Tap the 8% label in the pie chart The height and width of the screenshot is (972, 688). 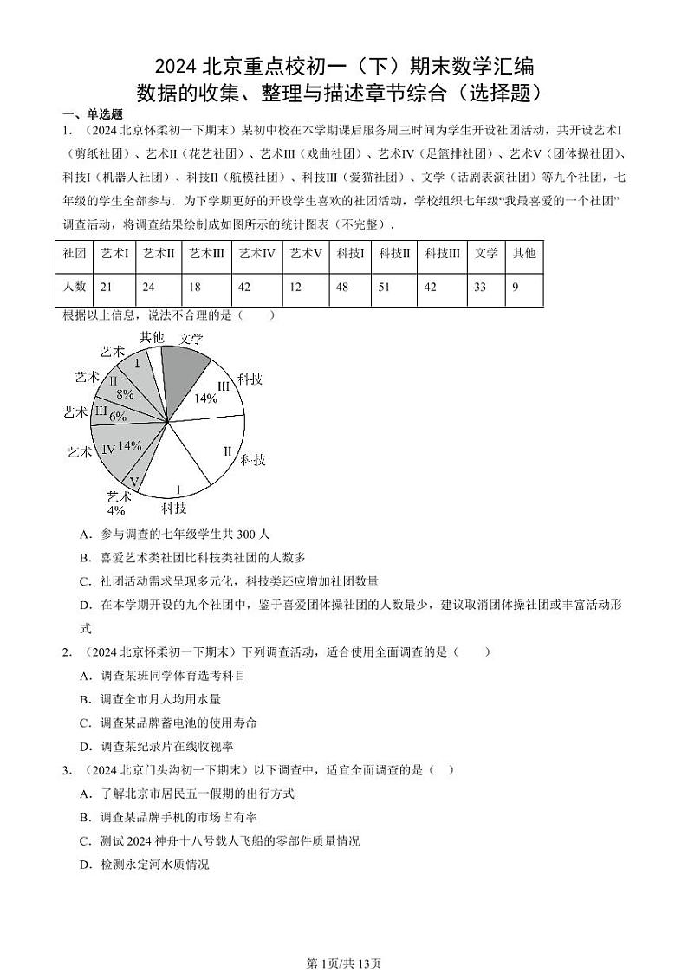[125, 394]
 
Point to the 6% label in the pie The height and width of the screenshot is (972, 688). [118, 417]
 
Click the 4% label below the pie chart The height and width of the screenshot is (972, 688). [116, 510]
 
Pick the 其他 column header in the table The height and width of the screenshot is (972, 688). [524, 253]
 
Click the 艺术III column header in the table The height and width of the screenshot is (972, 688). [207, 253]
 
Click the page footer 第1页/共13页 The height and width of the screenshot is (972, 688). [344, 940]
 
